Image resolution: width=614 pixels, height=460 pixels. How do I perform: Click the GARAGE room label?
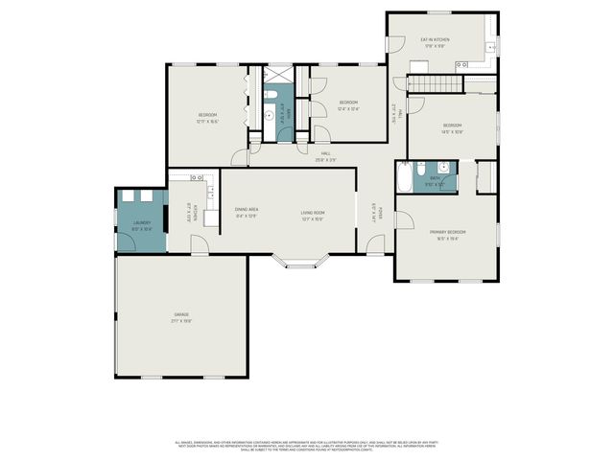point(180,314)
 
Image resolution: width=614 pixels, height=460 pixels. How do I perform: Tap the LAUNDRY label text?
point(142,223)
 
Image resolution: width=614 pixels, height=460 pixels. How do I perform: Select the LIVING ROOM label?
point(312,212)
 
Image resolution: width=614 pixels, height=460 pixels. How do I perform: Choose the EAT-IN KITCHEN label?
point(435,39)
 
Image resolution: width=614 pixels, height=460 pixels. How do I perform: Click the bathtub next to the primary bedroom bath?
point(405,178)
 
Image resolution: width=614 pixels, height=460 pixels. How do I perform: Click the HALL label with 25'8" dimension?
point(326,153)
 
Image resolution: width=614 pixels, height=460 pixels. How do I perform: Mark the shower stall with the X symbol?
point(279,74)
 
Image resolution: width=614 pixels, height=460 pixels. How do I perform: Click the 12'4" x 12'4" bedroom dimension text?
point(348,109)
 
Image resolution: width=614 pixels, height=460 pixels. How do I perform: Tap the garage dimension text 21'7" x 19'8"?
point(180,321)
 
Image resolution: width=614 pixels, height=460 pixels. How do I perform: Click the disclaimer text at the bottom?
point(307,446)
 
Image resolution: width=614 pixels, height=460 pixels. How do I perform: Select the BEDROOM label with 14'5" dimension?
point(452,126)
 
